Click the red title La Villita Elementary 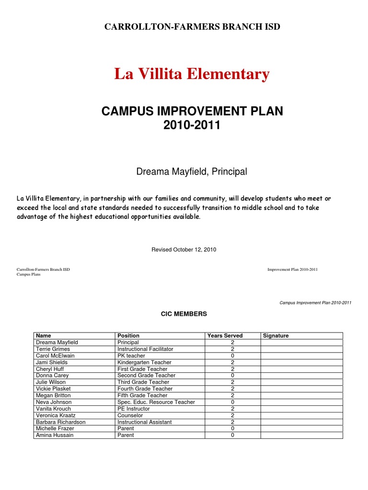click(192, 74)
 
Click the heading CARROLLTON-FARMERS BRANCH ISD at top click(192, 27)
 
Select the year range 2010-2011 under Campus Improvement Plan click(192, 126)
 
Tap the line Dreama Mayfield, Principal click(192, 171)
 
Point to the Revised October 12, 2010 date click(184, 250)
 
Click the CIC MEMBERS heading click(184, 314)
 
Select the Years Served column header click(225, 336)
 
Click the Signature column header click(276, 336)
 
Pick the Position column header click(128, 336)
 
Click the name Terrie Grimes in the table click(53, 349)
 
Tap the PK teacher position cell click(131, 356)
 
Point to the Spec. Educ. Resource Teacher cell click(156, 402)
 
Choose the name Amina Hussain click(55, 435)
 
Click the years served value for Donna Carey click(232, 376)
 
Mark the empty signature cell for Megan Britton click(301, 396)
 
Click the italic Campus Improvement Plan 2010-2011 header click(315, 303)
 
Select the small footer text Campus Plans click(29, 274)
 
